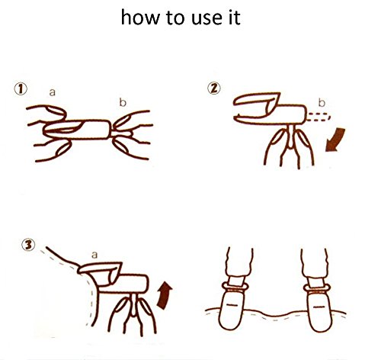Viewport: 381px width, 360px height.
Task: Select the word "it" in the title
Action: (x=235, y=18)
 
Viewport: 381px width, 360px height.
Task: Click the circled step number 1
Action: (x=21, y=89)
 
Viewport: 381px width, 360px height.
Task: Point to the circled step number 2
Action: (x=214, y=88)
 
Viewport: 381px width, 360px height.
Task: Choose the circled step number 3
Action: (x=28, y=245)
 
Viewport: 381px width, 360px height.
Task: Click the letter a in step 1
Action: (x=52, y=92)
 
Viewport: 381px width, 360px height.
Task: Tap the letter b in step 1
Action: (x=123, y=102)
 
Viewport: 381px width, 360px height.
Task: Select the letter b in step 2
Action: (x=322, y=103)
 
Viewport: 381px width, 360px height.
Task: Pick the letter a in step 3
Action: (x=94, y=255)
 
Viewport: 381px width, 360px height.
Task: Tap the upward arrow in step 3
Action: (x=164, y=295)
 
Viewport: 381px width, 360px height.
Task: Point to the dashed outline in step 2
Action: (x=319, y=117)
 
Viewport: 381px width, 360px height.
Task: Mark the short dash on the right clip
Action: (x=319, y=307)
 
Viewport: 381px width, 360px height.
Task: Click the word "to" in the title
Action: (x=174, y=18)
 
